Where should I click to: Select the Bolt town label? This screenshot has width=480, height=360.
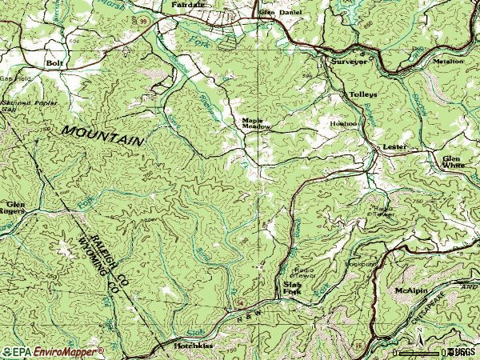coord(54,62)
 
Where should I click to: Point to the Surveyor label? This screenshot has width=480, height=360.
coord(349,61)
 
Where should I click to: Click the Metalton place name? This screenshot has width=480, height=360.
coord(448,61)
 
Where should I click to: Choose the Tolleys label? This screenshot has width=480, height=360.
coord(362,94)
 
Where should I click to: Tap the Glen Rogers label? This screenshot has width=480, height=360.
coord(15,209)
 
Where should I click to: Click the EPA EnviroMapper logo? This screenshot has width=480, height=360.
coord(52,351)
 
